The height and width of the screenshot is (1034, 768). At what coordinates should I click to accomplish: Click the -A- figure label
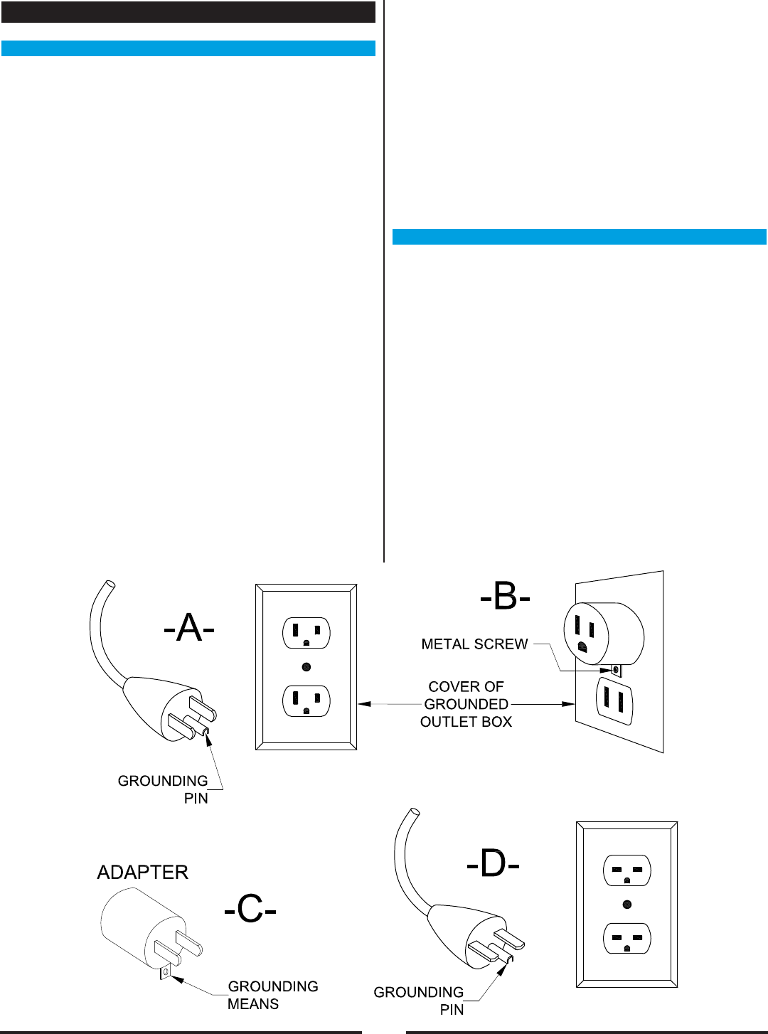click(x=188, y=628)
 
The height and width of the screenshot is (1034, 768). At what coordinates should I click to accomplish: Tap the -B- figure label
click(x=505, y=597)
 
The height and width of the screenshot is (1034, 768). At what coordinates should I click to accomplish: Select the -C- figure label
click(x=250, y=909)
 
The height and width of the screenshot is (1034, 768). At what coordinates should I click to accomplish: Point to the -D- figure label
click(x=493, y=864)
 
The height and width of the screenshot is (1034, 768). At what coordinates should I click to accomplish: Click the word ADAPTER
click(x=143, y=873)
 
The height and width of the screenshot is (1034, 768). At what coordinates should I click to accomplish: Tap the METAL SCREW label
click(x=474, y=644)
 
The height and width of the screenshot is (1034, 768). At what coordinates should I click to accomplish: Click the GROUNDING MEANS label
click(x=272, y=995)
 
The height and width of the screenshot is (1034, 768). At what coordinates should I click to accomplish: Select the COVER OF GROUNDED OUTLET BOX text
click(x=466, y=704)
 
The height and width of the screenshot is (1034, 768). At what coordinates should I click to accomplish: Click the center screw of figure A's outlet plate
click(x=306, y=667)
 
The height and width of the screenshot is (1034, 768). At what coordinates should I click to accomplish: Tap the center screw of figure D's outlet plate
click(x=626, y=905)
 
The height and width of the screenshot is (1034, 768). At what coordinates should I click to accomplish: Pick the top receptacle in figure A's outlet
click(x=306, y=633)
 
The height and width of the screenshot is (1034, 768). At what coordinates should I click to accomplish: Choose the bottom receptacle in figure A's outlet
click(x=306, y=701)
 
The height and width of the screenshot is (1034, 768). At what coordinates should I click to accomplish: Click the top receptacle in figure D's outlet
click(x=626, y=870)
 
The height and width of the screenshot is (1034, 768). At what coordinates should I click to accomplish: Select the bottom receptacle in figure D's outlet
click(x=626, y=939)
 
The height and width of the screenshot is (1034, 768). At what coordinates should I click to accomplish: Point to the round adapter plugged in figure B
click(x=603, y=634)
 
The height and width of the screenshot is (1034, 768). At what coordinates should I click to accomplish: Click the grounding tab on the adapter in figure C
click(x=166, y=971)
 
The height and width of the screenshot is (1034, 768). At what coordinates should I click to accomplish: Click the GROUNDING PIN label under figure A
click(x=163, y=789)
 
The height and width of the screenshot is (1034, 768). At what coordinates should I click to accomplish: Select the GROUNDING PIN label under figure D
click(x=419, y=1001)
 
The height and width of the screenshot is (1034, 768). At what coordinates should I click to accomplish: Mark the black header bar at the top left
click(x=188, y=12)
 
